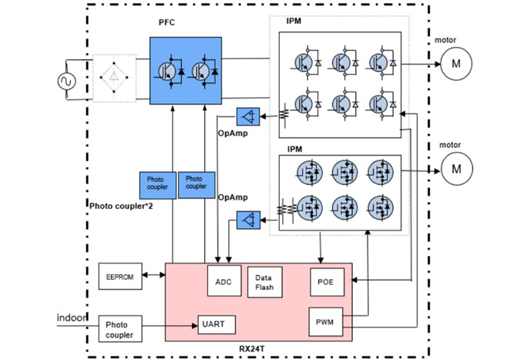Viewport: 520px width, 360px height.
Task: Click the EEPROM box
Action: tap(120, 276)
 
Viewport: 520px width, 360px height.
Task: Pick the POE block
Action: tap(325, 281)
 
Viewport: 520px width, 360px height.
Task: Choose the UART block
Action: tap(216, 325)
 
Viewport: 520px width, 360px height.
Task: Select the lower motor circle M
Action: tap(455, 167)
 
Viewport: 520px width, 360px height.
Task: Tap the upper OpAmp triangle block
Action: tap(248, 118)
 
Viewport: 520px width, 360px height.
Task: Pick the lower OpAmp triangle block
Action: tap(248, 222)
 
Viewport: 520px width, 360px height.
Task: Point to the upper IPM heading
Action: tap(294, 22)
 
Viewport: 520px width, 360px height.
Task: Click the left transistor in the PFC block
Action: tap(167, 69)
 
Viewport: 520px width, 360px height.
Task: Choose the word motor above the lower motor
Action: tap(450, 144)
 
